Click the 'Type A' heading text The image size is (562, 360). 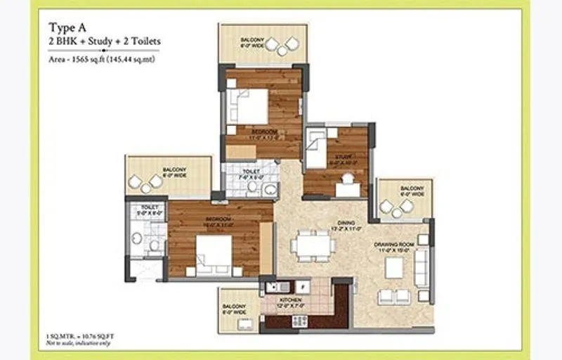pyautogui.click(x=67, y=27)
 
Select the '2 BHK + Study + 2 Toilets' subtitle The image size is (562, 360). pyautogui.click(x=104, y=41)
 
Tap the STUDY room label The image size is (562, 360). pyautogui.click(x=343, y=157)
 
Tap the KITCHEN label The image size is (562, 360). pyautogui.click(x=289, y=300)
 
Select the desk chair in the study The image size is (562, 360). pyautogui.click(x=346, y=188)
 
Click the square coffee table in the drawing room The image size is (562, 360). pyautogui.click(x=394, y=268)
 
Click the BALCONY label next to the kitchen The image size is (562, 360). pyautogui.click(x=235, y=307)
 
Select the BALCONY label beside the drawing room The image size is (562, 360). pyautogui.click(x=411, y=188)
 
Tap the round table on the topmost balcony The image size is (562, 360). pyautogui.click(x=285, y=49)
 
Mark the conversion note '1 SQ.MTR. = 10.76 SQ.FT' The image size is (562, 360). pyautogui.click(x=79, y=338)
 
